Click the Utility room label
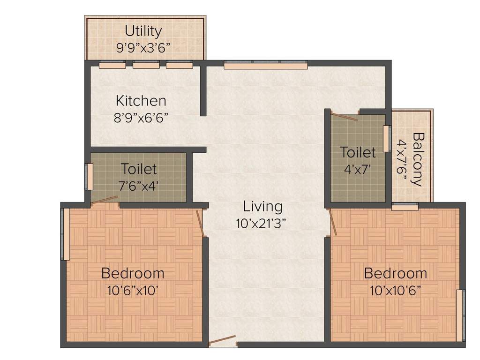tap(143, 31)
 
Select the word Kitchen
tap(141, 100)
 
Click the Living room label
tap(262, 206)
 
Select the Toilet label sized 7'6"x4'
tap(139, 168)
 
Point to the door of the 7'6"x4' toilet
tap(105, 200)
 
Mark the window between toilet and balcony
tap(386, 139)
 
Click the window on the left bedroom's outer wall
tap(66, 234)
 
